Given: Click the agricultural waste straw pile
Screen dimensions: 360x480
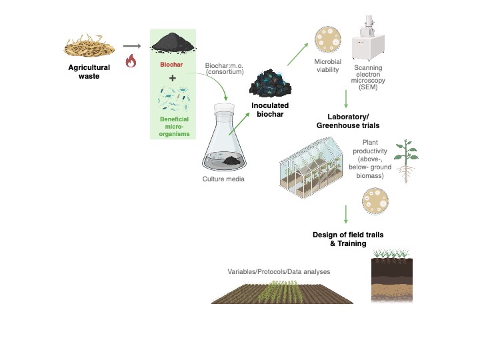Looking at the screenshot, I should coord(89,45).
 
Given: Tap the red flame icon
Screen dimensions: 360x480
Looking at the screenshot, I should coord(131,62).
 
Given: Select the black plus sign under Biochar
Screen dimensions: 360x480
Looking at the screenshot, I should coord(173,79).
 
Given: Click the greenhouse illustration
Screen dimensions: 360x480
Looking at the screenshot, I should coord(317,171).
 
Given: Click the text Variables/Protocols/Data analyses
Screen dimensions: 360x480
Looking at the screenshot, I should coord(279,271).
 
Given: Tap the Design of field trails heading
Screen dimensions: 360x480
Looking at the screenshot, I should coord(348,239).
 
